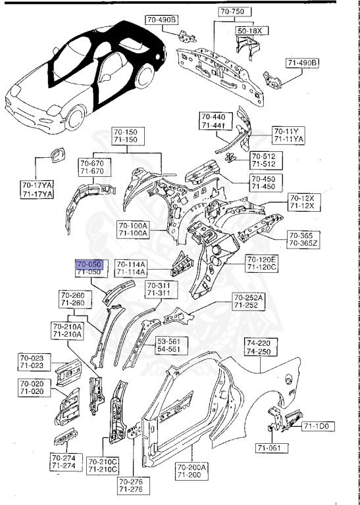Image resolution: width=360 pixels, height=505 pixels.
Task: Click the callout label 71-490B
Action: [x=302, y=62]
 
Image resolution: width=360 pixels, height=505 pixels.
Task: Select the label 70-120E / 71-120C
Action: [x=262, y=264]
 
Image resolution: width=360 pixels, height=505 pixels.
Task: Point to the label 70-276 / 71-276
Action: [x=130, y=486]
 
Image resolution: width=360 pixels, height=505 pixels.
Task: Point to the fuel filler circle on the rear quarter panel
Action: [x=288, y=378]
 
